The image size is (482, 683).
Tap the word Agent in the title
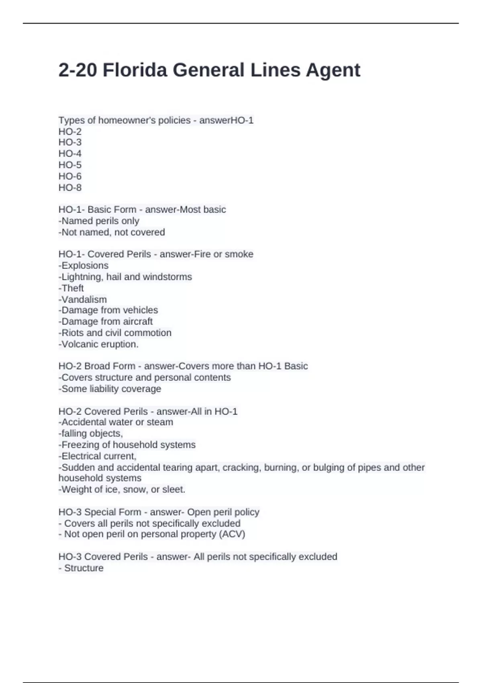(x=333, y=70)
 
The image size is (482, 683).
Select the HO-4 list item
(x=70, y=153)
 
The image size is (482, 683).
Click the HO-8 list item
(x=70, y=188)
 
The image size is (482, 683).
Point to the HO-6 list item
(x=70, y=176)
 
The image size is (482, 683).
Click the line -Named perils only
(x=99, y=221)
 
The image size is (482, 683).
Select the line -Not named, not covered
(x=112, y=232)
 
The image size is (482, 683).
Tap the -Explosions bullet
(x=84, y=266)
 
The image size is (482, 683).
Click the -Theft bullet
(x=71, y=288)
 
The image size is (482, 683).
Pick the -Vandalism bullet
(x=83, y=299)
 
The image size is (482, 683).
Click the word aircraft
(x=138, y=321)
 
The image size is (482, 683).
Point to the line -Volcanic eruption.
(x=98, y=344)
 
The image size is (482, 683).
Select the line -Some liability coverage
(x=110, y=389)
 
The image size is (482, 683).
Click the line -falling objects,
(x=91, y=434)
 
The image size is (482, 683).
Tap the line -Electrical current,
(x=98, y=456)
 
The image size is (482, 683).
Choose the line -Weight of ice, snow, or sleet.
(x=122, y=489)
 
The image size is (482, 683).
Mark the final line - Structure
(x=81, y=568)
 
